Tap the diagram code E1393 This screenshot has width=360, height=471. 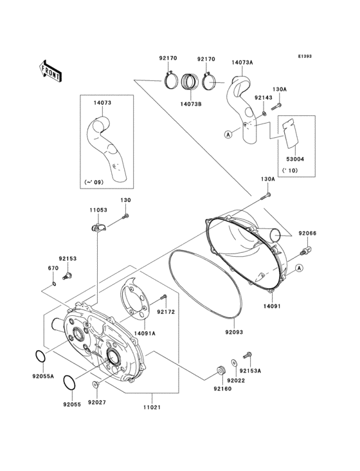[x=304, y=56]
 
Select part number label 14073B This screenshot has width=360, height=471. [x=192, y=103]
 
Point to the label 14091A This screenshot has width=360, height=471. [x=145, y=333]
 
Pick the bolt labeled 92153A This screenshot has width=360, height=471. [x=247, y=355]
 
